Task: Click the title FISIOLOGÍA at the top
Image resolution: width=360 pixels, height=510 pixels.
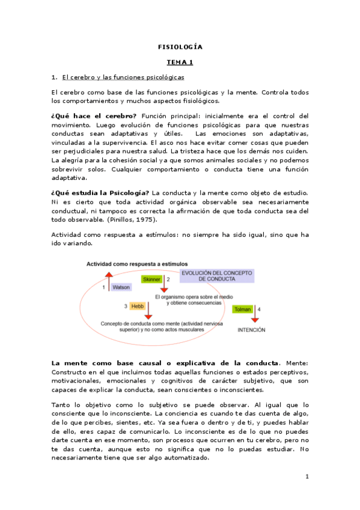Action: point(180,46)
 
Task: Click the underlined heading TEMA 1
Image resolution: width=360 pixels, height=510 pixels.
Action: point(180,62)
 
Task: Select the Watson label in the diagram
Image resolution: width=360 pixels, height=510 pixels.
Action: point(121,287)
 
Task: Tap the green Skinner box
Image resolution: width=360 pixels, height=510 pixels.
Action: point(151,280)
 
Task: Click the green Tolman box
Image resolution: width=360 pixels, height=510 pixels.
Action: point(243,309)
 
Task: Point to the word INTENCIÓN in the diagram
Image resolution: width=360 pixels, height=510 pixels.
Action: point(251,330)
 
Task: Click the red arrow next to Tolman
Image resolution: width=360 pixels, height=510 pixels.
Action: point(251,318)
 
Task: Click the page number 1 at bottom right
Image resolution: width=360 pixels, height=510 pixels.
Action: point(307,477)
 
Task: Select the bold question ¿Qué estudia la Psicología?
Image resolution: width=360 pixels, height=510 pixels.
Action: point(100,192)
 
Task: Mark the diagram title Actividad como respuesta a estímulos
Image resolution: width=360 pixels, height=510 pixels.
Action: point(136,263)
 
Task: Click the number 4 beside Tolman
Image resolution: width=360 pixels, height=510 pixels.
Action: point(259,309)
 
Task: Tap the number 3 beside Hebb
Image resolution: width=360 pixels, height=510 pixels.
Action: point(126,306)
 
